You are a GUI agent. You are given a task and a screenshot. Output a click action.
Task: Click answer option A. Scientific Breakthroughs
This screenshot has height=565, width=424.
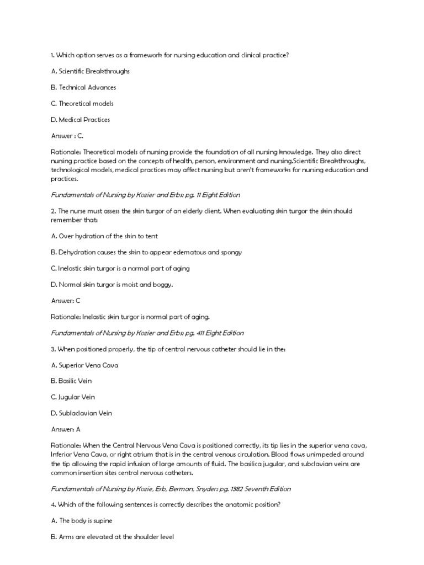pos(90,71)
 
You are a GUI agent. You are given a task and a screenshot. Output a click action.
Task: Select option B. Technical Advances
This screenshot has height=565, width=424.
pos(83,87)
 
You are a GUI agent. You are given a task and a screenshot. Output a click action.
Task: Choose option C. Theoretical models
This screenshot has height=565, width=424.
pos(82,103)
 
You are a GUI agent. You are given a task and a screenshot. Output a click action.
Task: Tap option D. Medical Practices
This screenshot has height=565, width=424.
pos(81,119)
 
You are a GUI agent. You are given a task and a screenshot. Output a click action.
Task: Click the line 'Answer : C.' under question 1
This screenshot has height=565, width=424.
pos(67,136)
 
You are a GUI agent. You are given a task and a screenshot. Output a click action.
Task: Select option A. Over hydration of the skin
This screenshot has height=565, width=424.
pos(104,236)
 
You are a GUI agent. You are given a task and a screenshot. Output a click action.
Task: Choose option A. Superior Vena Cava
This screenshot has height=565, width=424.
pos(84,365)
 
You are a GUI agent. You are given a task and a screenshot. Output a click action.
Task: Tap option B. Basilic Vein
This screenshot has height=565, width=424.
pos(71,381)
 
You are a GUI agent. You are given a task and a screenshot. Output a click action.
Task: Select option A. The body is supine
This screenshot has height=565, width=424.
pos(82,521)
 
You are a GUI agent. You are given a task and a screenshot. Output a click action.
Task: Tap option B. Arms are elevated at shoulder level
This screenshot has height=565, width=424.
pos(112,537)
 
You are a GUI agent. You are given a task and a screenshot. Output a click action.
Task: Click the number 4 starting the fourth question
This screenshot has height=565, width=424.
pos(52,505)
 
